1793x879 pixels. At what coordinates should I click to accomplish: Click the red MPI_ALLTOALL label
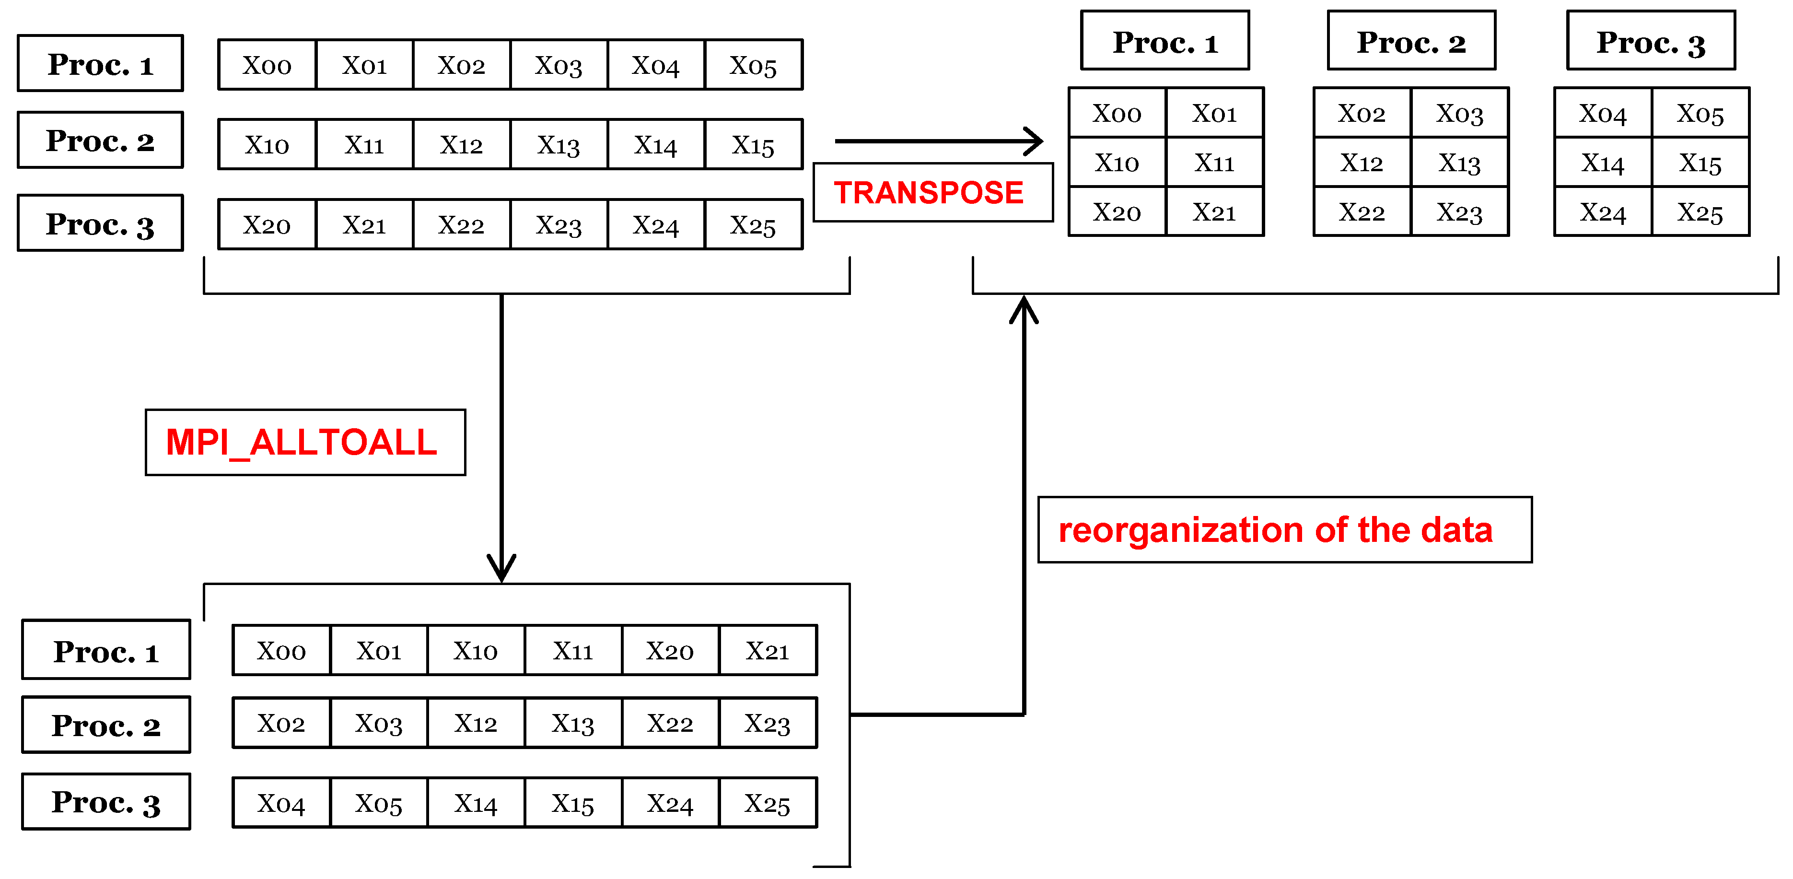305,443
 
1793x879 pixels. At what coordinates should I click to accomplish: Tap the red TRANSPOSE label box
932,193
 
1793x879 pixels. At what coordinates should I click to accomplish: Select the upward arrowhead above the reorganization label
1024,310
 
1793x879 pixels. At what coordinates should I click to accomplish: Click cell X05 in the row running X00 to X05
753,65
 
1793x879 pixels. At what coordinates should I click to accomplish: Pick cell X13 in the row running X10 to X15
558,145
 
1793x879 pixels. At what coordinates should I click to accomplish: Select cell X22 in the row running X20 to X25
461,225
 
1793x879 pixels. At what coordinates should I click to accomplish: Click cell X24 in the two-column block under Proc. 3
1602,211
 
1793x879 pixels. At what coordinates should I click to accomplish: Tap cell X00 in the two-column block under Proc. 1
1117,113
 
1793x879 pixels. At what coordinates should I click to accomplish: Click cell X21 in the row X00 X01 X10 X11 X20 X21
767,650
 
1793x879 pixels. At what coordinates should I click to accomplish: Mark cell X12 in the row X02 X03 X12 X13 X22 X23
476,723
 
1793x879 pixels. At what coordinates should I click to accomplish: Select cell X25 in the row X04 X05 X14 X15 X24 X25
767,803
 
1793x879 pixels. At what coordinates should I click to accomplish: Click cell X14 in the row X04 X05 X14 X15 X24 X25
476,803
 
